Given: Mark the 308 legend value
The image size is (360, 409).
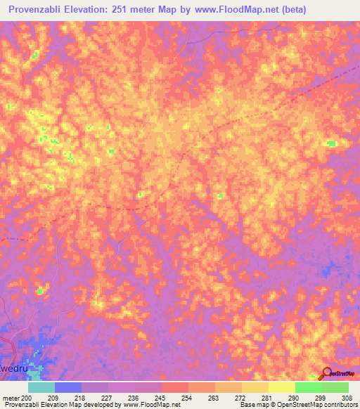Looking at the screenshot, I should pos(347,397).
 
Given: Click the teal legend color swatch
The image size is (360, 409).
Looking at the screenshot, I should pos(41,387).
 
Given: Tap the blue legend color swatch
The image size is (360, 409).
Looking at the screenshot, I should pos(68,387).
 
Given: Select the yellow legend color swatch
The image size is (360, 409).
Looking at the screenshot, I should pos(282,387).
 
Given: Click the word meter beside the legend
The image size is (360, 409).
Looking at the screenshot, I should pos(10,397).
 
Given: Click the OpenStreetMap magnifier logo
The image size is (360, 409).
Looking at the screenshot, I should pos(326,373).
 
